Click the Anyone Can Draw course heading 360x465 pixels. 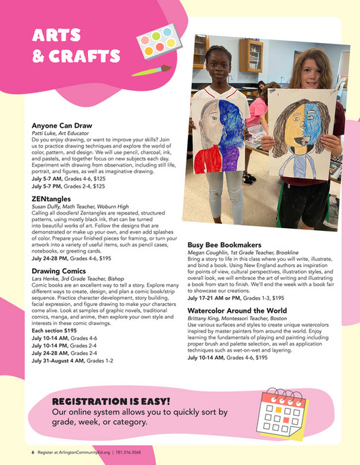pos(62,126)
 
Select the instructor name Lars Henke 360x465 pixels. pos(49,279)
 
